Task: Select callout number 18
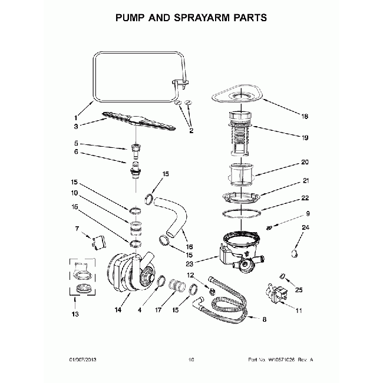click(x=305, y=117)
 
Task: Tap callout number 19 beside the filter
click(x=305, y=138)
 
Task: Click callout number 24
click(x=305, y=227)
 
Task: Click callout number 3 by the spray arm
click(x=76, y=126)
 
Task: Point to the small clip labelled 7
click(x=95, y=242)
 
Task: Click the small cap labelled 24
click(x=293, y=253)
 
